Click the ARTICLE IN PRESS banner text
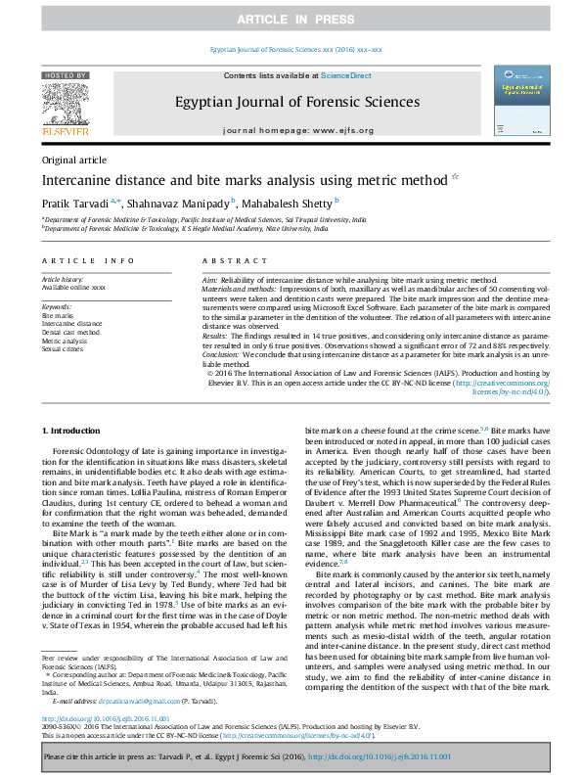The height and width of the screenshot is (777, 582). coord(291,20)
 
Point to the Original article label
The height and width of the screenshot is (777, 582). coord(74,160)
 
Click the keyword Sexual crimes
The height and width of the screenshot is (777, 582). coord(63,347)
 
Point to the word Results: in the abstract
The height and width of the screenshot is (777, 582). coord(216,335)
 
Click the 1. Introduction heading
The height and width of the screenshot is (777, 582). coord(73,431)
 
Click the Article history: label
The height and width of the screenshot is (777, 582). coord(64,277)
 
